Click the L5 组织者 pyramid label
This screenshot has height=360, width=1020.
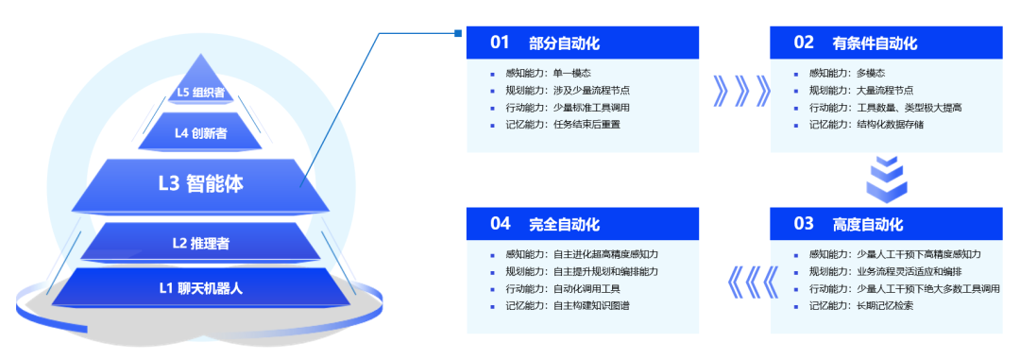tap(201, 92)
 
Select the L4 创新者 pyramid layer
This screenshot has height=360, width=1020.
tap(200, 133)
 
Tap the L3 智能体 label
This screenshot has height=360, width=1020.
tap(200, 184)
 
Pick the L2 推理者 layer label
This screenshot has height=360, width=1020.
tap(200, 244)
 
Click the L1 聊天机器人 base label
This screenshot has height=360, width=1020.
tap(200, 287)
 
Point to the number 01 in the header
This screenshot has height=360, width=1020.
tap(500, 43)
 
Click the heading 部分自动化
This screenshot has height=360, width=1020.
tap(564, 43)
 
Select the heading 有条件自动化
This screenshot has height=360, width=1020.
tap(875, 43)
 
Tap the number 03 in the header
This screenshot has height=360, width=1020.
tap(804, 224)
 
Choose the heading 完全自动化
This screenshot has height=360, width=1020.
tap(564, 224)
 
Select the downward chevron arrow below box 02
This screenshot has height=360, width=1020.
tap(886, 179)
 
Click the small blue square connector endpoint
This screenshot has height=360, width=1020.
tap(458, 33)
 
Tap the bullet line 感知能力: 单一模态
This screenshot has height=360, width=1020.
tap(549, 73)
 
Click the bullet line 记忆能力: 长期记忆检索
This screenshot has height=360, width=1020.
tap(860, 305)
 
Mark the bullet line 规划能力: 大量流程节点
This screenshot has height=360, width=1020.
tap(860, 90)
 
